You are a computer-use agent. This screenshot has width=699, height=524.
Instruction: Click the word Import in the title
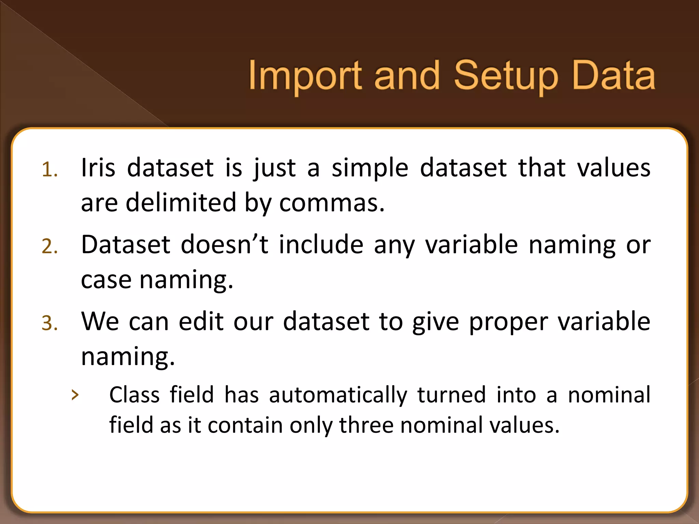305,76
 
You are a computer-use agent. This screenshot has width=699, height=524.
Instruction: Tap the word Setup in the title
506,76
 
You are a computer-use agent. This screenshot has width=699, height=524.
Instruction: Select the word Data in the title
613,76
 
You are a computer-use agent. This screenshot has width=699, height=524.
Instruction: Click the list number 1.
49,170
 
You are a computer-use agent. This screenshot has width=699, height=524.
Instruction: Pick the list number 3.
49,323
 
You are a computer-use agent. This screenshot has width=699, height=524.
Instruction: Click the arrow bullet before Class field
75,395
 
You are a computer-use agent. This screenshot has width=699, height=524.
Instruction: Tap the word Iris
98,168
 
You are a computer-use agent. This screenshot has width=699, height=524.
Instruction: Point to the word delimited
181,202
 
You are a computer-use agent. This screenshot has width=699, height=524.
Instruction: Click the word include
321,245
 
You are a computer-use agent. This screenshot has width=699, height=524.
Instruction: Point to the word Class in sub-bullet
134,395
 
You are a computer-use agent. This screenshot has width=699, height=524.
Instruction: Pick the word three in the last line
366,425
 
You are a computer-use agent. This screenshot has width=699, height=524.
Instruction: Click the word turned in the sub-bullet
452,395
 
